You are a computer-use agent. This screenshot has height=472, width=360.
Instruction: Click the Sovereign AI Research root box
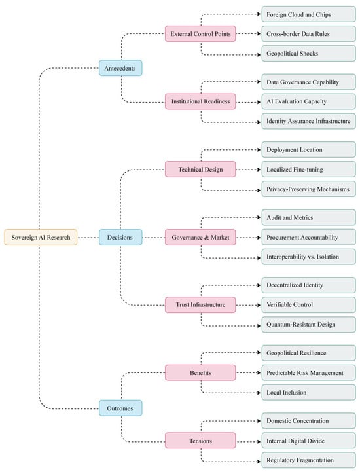point(41,237)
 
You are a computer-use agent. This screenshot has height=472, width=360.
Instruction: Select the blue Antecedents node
point(120,68)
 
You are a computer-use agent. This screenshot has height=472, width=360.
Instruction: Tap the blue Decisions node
point(120,237)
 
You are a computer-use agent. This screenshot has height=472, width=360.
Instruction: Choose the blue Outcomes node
point(120,408)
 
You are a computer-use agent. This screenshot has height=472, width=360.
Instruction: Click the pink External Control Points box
point(200,34)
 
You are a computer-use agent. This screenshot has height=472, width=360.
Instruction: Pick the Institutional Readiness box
point(200,101)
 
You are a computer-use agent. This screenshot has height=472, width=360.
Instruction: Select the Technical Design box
point(200,169)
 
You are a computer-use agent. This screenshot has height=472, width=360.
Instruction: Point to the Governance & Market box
point(200,237)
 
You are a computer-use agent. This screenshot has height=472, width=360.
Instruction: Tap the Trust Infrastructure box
point(200,304)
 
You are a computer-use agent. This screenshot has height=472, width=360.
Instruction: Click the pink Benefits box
point(200,372)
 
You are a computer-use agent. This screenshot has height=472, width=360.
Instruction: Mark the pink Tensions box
point(200,441)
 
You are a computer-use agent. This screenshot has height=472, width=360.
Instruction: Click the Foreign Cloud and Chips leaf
point(308,14)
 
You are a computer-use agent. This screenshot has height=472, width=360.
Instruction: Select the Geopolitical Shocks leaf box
point(308,53)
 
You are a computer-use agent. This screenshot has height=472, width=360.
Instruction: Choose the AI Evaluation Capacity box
point(308,101)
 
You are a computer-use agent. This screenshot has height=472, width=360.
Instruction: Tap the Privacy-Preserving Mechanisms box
point(308,189)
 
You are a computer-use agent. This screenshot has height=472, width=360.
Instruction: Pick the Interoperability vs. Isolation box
point(308,257)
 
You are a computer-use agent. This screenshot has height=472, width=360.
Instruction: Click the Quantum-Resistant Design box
point(308,325)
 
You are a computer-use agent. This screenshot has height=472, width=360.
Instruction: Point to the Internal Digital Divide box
point(308,441)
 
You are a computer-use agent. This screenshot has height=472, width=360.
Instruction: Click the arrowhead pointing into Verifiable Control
point(259,305)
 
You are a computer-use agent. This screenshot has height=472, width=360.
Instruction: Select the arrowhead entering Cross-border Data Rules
point(259,34)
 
